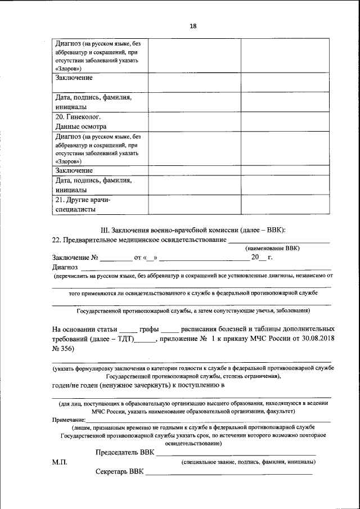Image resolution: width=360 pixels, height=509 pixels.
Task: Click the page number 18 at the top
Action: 193,26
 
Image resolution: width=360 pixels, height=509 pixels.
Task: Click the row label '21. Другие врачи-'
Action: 83,200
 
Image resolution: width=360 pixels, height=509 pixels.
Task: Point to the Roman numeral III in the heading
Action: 103,230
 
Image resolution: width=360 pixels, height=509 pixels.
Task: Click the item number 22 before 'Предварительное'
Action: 56,240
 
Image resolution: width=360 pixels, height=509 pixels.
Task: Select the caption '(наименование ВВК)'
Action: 273,248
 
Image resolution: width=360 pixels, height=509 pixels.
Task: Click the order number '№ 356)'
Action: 63,349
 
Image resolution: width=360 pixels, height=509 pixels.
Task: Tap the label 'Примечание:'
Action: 69,420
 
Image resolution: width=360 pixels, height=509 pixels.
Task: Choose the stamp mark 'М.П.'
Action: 59,462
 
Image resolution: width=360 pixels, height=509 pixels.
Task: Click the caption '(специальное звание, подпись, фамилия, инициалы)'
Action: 247,462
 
